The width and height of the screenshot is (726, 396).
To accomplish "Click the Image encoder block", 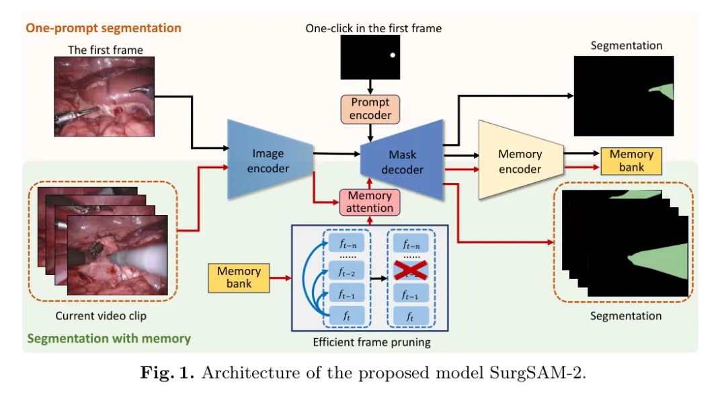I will pos(268,159).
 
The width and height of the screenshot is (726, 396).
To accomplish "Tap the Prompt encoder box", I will pos(370,109).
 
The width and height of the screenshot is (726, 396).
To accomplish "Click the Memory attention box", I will pos(369,202).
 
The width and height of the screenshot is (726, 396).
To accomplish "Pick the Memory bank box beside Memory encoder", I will pos(631,161).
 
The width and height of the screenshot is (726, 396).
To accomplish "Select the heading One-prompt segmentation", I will pos(104,28).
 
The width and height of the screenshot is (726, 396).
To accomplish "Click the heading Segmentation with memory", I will pos(108,339).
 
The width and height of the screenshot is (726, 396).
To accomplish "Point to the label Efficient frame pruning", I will pos(371,342).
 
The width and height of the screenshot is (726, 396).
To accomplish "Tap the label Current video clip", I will pos(100,315).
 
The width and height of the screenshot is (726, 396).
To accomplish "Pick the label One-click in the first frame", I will pos(373,28).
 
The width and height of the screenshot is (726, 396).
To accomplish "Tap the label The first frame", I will pos(106,50).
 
